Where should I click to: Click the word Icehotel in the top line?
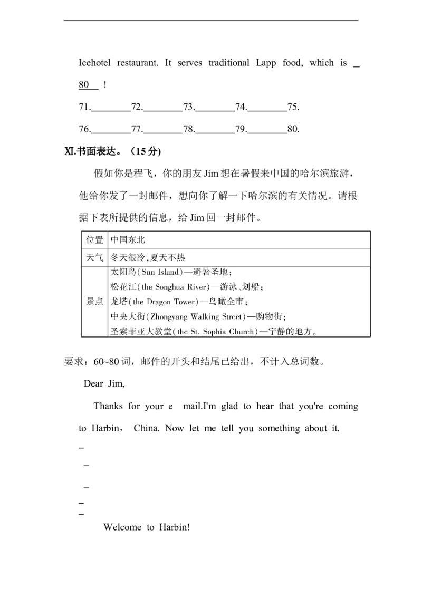(x=94, y=63)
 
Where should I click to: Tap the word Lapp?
(x=266, y=63)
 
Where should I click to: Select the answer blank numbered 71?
(x=111, y=111)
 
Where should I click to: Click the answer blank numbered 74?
(x=267, y=111)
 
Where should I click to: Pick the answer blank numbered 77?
(x=163, y=133)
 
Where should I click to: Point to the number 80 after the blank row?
(x=293, y=129)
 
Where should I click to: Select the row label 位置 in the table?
(x=94, y=240)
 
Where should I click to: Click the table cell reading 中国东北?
(x=128, y=240)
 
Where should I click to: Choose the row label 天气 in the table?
(x=94, y=257)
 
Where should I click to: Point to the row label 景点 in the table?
(x=94, y=302)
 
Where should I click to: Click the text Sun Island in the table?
(x=160, y=272)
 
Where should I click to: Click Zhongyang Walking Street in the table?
(x=196, y=317)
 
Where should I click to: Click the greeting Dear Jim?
(x=104, y=383)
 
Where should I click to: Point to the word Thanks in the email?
(x=108, y=406)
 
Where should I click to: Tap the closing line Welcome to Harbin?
(x=147, y=527)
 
